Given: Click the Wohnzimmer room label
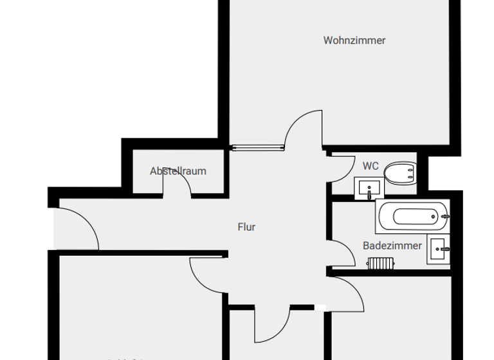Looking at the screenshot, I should [354, 40].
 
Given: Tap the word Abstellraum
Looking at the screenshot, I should [178, 171].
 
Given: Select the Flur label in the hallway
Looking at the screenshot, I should [246, 227].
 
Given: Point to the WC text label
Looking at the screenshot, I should [370, 166].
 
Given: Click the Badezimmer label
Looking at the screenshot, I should [392, 246].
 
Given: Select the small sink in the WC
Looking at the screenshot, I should [369, 188].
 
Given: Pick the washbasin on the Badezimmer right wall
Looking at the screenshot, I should [440, 248].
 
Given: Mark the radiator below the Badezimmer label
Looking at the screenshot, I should [380, 263].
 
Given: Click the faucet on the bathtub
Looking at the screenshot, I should [445, 217].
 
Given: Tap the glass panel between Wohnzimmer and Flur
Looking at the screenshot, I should [258, 147].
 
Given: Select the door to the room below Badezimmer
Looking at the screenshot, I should [347, 293].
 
